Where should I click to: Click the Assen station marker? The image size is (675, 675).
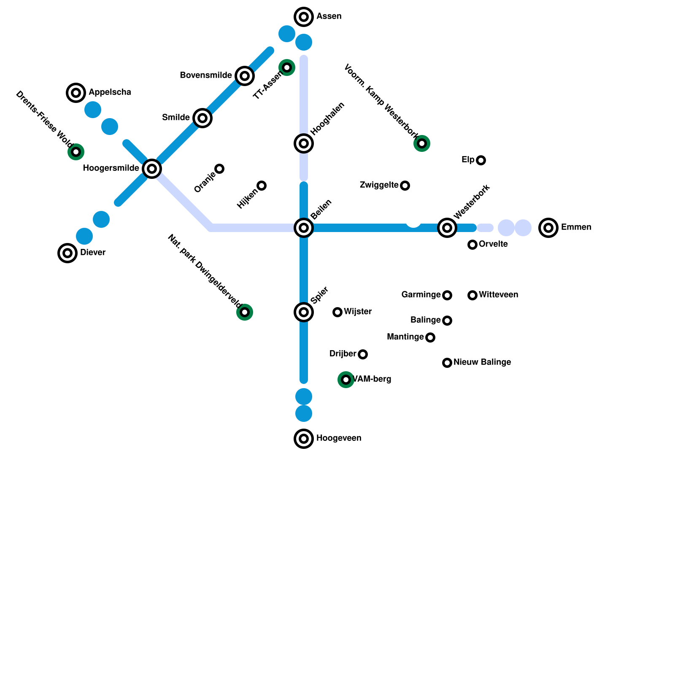pyautogui.click(x=304, y=17)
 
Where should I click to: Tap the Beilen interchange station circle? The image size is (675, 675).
pyautogui.click(x=304, y=228)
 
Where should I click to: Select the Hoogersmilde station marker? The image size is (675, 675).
pyautogui.click(x=152, y=169)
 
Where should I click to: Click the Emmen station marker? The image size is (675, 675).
pyautogui.click(x=548, y=228)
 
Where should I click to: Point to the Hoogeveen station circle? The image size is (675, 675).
pyautogui.click(x=304, y=439)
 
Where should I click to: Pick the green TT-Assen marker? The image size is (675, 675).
pyautogui.click(x=287, y=67)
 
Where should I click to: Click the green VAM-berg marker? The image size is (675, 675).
pyautogui.click(x=346, y=380)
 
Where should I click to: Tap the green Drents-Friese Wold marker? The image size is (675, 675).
pyautogui.click(x=76, y=152)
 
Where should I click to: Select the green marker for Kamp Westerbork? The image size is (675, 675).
pyautogui.click(x=422, y=143)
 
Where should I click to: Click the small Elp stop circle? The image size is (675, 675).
pyautogui.click(x=481, y=160)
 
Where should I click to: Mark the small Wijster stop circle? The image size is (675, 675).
pyautogui.click(x=337, y=312)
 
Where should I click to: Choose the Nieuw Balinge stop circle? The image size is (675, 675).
pyautogui.click(x=447, y=363)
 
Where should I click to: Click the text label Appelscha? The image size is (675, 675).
pyautogui.click(x=110, y=92)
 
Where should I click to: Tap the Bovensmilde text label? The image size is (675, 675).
pyautogui.click(x=205, y=76)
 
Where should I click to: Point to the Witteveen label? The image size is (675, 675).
pyautogui.click(x=498, y=295)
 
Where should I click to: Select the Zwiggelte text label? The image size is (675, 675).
pyautogui.click(x=379, y=185)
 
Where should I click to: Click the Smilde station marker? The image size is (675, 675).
pyautogui.click(x=202, y=118)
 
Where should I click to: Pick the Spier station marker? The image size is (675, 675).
pyautogui.click(x=304, y=312)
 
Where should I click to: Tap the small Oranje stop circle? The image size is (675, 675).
pyautogui.click(x=219, y=169)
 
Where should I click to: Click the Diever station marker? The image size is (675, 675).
pyautogui.click(x=67, y=253)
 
